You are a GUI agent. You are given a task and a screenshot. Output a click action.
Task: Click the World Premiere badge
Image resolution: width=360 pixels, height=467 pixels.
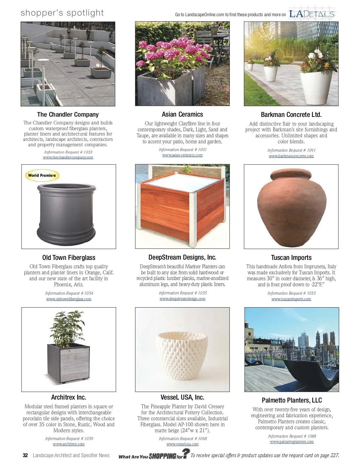[42, 175]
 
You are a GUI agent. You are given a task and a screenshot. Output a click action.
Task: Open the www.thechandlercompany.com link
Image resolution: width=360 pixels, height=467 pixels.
[68, 157]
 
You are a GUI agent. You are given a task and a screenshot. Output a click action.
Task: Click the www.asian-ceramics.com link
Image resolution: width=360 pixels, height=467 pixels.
[182, 155]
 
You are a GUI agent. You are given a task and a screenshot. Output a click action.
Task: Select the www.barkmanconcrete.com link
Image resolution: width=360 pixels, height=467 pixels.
[291, 156]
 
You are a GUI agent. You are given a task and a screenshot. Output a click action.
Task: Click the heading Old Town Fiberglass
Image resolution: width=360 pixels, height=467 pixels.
[69, 257]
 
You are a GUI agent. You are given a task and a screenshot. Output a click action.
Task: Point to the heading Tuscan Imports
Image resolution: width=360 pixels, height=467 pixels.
[291, 257]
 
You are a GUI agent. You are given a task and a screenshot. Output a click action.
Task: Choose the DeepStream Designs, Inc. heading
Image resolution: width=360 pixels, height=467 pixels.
[182, 257]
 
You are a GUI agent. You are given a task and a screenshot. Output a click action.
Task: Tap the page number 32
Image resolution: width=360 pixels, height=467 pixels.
[25, 455]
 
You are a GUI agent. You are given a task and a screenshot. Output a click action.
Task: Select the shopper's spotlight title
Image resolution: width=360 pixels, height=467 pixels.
[62, 13]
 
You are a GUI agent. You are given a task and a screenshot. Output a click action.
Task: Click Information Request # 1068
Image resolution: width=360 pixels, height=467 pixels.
[183, 439]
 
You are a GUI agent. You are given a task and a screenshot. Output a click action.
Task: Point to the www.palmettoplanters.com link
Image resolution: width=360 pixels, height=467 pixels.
[292, 442]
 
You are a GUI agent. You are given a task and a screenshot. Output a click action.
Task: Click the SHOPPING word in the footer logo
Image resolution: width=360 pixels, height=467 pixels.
[162, 456]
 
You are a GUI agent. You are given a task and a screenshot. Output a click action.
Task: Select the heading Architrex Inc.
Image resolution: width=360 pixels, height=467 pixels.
[69, 397]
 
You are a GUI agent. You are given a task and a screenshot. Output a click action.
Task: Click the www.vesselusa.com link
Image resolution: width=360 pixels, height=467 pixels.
[182, 444]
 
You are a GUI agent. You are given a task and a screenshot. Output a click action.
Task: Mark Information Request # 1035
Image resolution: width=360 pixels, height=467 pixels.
[291, 293]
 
